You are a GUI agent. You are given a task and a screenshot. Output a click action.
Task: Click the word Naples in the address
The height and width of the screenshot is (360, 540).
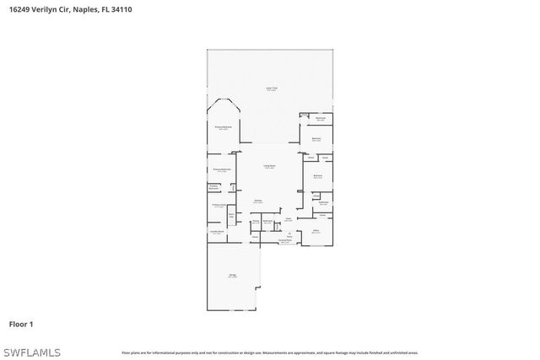click(x=86, y=9)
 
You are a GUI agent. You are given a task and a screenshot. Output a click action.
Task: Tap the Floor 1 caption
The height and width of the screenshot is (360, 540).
click(x=21, y=324)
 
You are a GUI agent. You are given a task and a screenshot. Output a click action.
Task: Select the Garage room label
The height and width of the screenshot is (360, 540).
click(x=232, y=276)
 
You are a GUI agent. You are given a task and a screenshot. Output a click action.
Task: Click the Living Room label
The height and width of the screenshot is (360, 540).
click(x=269, y=166)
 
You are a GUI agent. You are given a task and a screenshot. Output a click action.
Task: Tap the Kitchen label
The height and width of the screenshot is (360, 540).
click(x=258, y=201)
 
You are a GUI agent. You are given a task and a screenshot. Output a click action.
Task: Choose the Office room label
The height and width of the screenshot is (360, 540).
click(x=316, y=230)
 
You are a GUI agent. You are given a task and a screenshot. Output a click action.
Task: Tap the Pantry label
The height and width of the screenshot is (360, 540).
click(x=255, y=223)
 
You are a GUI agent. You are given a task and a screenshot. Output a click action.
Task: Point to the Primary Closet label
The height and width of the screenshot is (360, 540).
click(x=218, y=205)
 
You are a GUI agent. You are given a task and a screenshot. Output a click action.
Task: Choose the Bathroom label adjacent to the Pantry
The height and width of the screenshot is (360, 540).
click(x=267, y=223)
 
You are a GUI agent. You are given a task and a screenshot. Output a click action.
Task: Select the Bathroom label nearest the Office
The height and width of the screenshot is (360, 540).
click(x=323, y=202)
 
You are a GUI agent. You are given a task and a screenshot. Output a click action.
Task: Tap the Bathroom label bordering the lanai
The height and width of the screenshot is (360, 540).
click(x=321, y=119)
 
